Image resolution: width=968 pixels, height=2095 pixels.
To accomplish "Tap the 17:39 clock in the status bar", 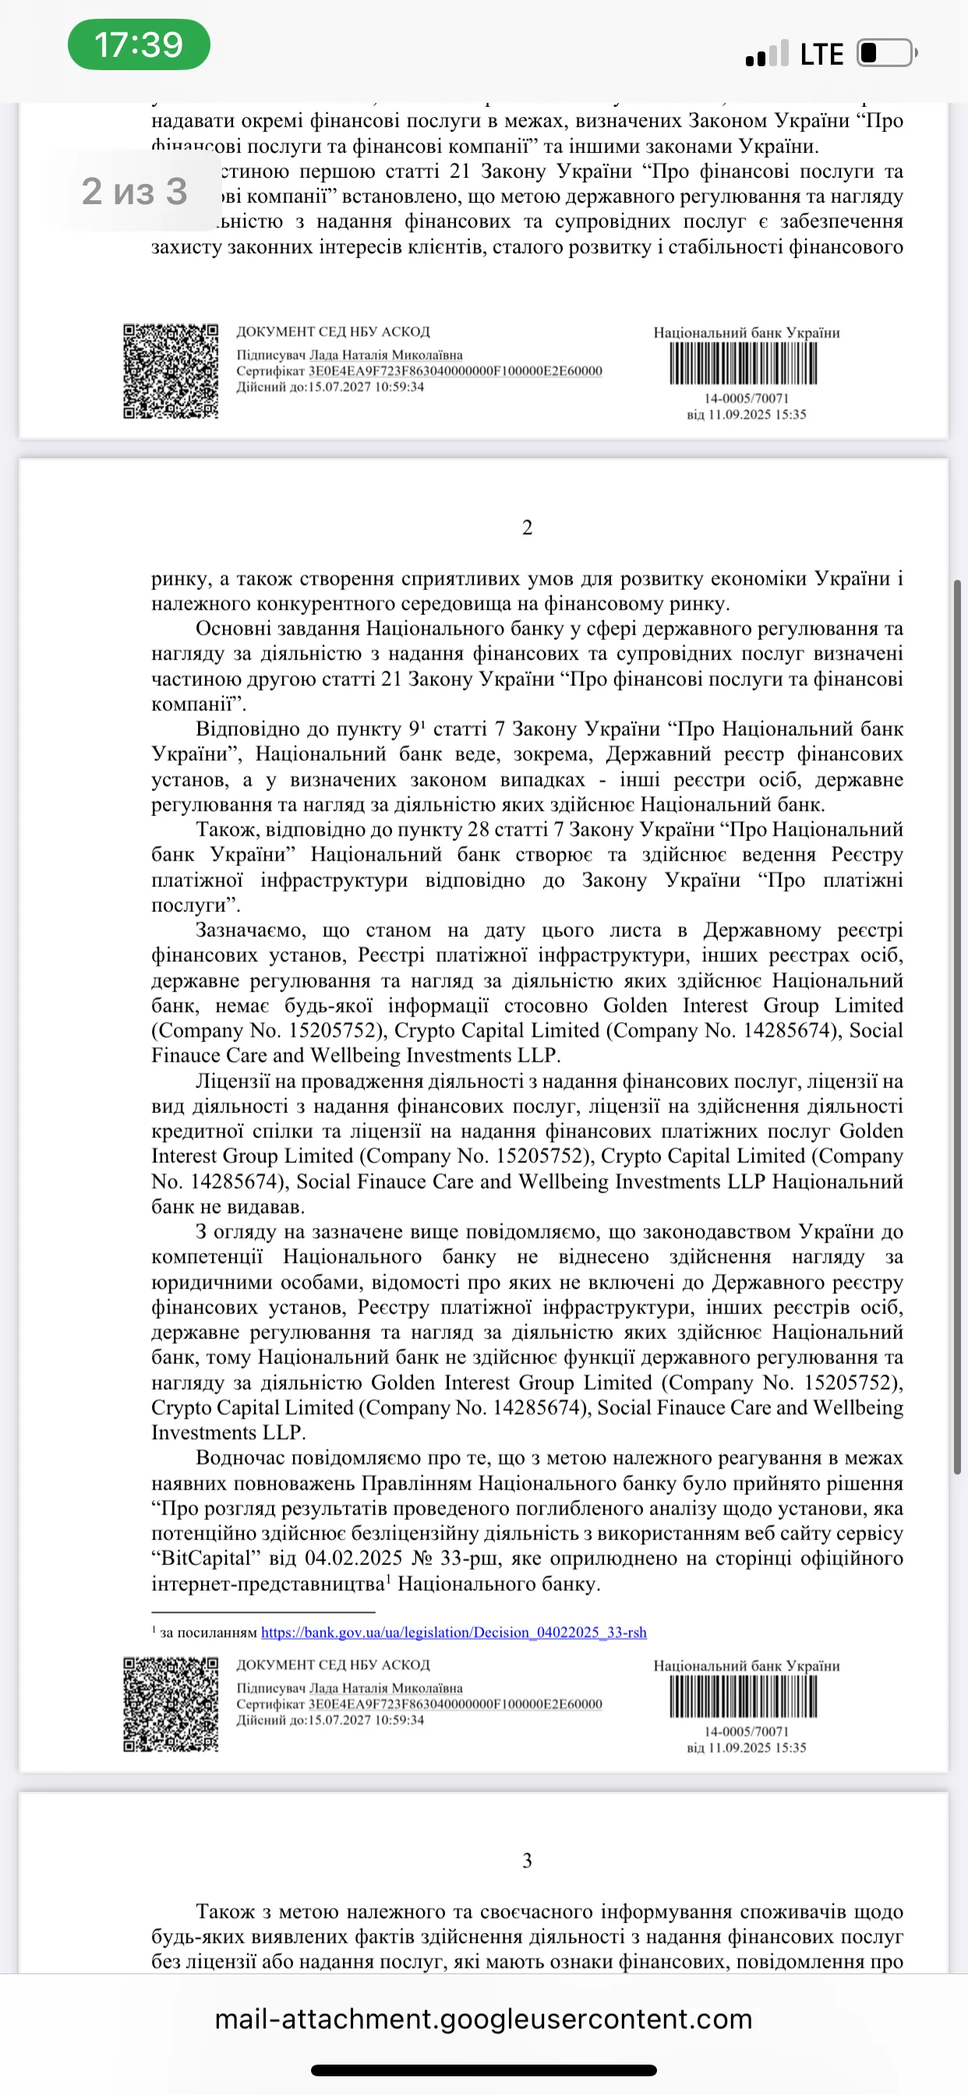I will pyautogui.click(x=138, y=44).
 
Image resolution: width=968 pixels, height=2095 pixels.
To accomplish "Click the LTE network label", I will pyautogui.click(x=821, y=55).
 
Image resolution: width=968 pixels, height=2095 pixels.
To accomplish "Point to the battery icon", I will pyautogui.click(x=885, y=53).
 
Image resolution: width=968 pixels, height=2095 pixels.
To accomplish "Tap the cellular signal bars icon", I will pyautogui.click(x=766, y=54).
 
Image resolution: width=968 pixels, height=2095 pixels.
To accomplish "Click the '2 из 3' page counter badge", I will pyautogui.click(x=134, y=192).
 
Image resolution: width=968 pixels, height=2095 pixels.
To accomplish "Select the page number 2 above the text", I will pyautogui.click(x=527, y=528).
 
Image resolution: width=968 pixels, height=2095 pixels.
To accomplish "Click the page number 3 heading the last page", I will pyautogui.click(x=527, y=1860).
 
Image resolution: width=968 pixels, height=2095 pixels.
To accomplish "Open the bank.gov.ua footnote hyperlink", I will pyautogui.click(x=453, y=1632).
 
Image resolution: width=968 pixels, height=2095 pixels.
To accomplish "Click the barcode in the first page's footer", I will pyautogui.click(x=744, y=363).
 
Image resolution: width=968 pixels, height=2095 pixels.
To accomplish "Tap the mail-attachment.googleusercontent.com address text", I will pyautogui.click(x=483, y=2019).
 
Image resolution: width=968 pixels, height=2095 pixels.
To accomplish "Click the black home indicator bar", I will pyautogui.click(x=483, y=2070).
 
